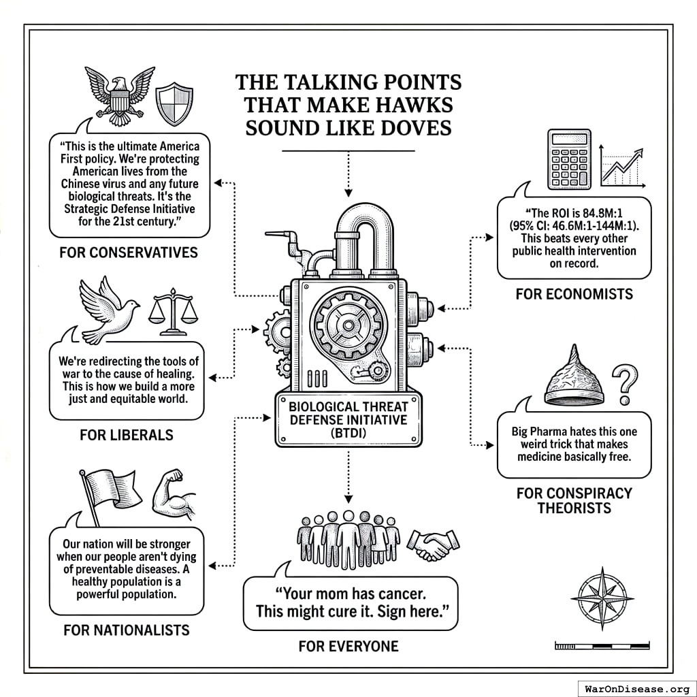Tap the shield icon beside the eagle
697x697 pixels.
pyautogui.click(x=170, y=103)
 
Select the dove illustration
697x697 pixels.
pyautogui.click(x=108, y=309)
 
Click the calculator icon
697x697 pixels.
pyautogui.click(x=569, y=160)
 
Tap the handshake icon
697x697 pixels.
pyautogui.click(x=434, y=541)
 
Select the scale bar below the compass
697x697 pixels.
pyautogui.click(x=602, y=645)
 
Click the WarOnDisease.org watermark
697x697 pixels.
pyautogui.click(x=636, y=688)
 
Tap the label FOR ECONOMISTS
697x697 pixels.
pyautogui.click(x=574, y=294)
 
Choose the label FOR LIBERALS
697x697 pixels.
pyautogui.click(x=127, y=434)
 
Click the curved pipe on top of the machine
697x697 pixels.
pyautogui.click(x=361, y=231)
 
